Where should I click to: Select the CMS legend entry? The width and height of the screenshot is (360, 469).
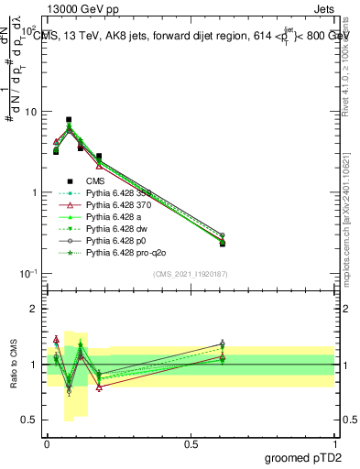pos(96,181)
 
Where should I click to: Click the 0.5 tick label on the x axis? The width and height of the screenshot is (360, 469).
pos(191,442)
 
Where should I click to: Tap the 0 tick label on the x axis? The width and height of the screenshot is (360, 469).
pos(47,442)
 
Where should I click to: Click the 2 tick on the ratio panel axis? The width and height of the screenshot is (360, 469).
pos(33,310)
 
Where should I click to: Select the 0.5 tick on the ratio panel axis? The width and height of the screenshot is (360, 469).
pos(29,421)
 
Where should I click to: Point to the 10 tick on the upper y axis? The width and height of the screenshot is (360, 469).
pos(28,112)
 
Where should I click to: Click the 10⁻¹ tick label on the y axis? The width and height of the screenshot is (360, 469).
pos(27,274)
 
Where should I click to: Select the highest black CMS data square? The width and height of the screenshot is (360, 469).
pos(69,119)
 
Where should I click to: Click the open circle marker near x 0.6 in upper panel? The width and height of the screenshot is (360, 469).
pos(223,235)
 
